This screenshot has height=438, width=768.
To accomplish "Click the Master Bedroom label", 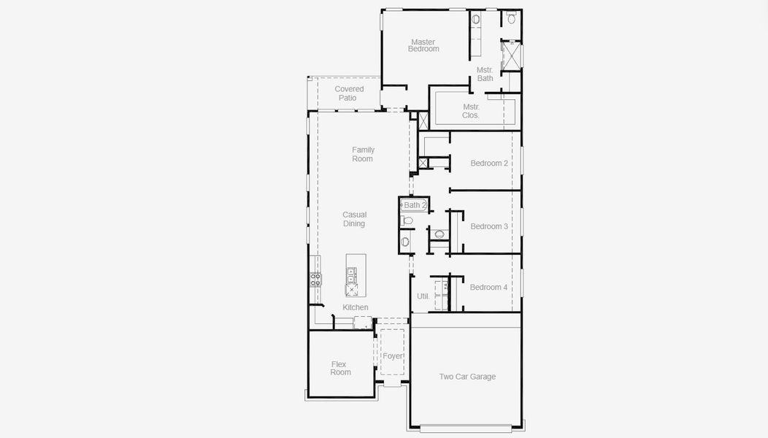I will coord(423,45).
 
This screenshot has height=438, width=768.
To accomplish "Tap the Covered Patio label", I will coord(349,93).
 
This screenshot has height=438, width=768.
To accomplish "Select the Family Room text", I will coord(363,154).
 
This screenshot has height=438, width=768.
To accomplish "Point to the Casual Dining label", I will coord(354,219).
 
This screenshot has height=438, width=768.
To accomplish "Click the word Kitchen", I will coord(356,307).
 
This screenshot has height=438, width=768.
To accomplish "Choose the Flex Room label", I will coord(339,368).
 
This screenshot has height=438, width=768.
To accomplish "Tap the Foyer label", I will coord(393,356).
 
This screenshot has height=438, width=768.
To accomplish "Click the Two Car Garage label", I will coord(467,377).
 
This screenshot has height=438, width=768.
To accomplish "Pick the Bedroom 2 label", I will coord(488,163).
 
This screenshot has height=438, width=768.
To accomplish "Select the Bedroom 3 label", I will coord(488,226).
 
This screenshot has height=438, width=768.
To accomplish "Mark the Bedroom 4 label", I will coord(488,287).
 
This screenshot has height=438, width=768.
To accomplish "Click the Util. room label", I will coord(423,296).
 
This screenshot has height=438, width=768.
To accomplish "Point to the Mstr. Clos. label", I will coord(471,111).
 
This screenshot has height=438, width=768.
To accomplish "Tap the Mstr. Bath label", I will coord(485,74).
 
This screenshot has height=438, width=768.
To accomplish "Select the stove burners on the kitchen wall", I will coord(315,279).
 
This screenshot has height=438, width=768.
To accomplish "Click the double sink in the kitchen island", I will coord(351,275).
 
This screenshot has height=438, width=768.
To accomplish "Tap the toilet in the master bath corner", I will coord(511,18).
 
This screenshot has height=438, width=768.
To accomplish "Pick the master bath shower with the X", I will coord(511,56).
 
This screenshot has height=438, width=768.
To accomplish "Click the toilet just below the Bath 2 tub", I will coord(407,220).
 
